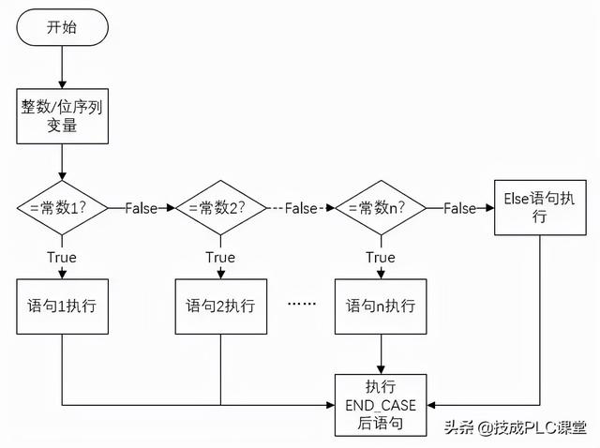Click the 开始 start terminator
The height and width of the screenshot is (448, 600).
[62, 27]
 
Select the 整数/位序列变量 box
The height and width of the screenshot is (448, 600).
[61, 117]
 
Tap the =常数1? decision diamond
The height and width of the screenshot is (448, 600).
[61, 208]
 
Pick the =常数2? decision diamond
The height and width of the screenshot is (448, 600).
[220, 208]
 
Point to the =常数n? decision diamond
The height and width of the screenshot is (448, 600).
[380, 208]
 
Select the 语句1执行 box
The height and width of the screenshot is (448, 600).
[61, 306]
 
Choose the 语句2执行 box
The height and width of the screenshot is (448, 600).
[220, 306]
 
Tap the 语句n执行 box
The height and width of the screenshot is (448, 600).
[380, 306]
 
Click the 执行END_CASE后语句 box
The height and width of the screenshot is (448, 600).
[381, 405]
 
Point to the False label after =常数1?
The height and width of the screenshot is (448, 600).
[141, 208]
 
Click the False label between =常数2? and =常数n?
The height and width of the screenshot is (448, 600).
[301, 208]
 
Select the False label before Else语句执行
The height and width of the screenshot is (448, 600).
[459, 208]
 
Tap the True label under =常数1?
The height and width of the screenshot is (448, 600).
[61, 257]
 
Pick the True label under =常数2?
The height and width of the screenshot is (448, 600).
[220, 257]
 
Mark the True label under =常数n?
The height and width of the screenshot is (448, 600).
[380, 257]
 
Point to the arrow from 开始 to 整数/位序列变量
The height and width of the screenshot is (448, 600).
[61, 67]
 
